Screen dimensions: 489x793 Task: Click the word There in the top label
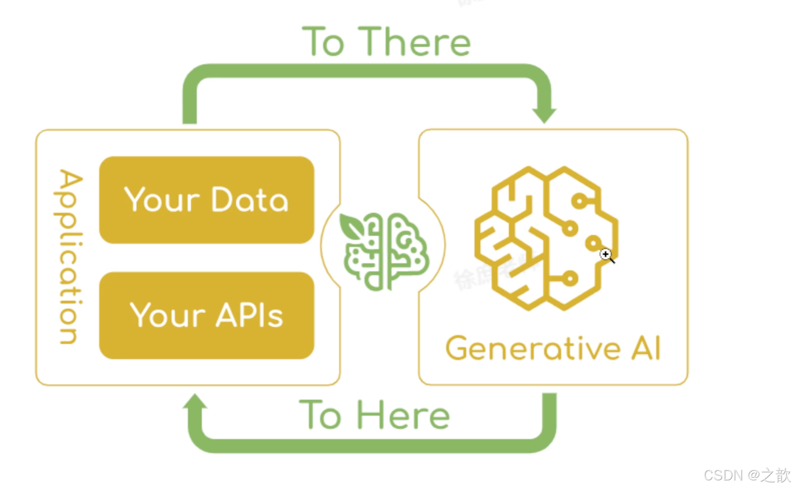(x=416, y=42)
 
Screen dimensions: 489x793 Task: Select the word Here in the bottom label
(x=403, y=416)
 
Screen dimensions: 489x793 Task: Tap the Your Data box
(x=206, y=200)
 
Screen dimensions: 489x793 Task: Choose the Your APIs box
(x=206, y=315)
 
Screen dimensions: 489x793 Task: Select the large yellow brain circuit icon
(x=546, y=237)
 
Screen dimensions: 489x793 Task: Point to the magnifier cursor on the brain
(x=607, y=255)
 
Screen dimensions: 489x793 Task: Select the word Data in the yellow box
(x=250, y=200)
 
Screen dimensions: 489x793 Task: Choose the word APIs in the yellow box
(x=250, y=315)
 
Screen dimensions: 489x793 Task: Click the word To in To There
(x=324, y=42)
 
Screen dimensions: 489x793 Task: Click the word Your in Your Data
(x=162, y=200)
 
